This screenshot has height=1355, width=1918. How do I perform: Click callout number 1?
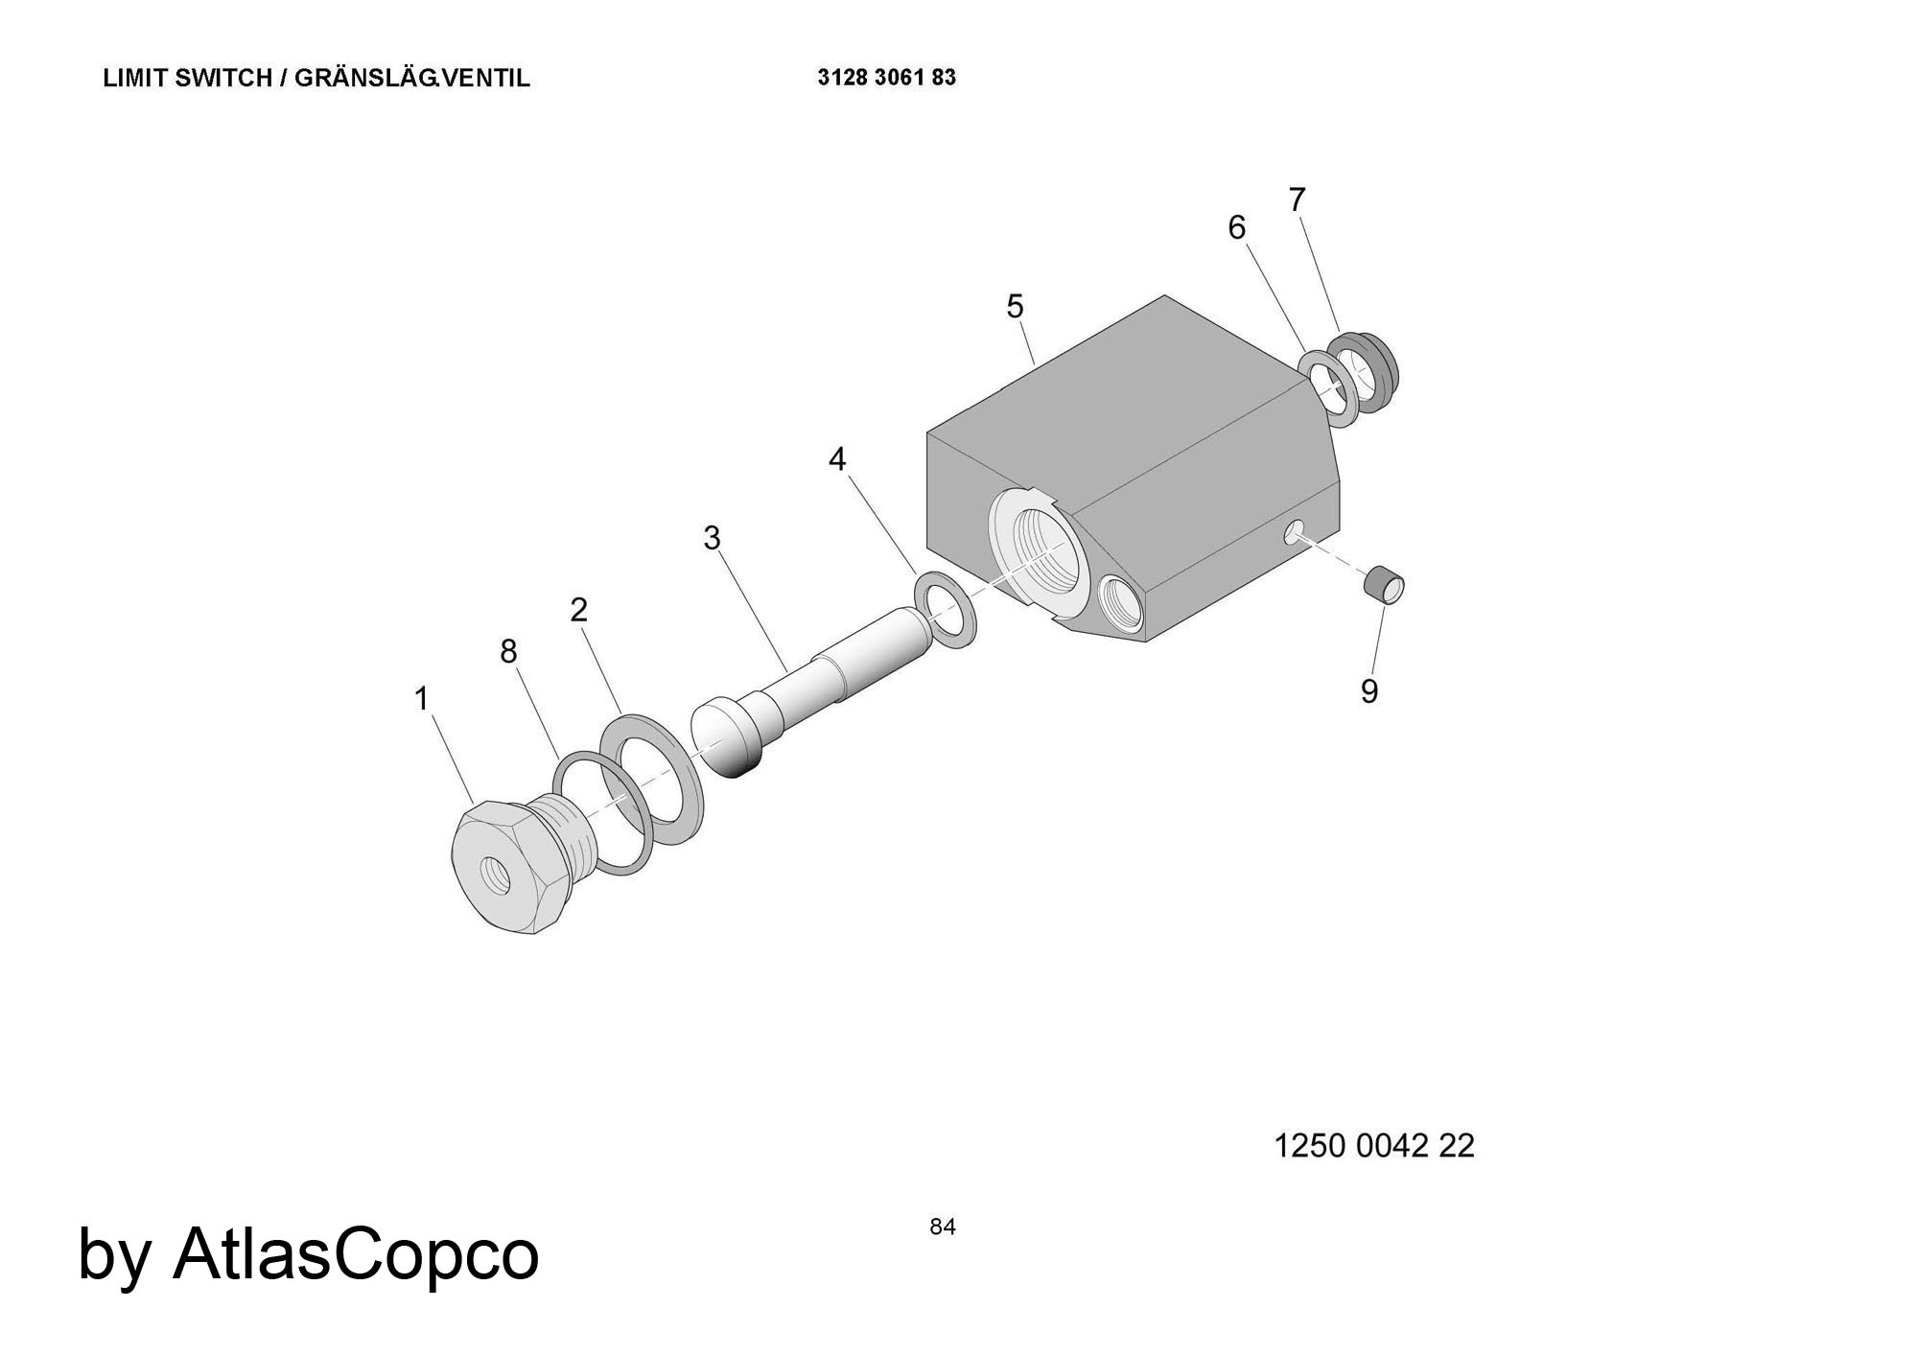point(421,699)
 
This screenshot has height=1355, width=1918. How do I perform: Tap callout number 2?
point(578,609)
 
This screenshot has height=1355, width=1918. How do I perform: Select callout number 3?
point(712,539)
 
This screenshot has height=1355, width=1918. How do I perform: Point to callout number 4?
point(837,460)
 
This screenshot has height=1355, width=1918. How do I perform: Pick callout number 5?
point(1015,307)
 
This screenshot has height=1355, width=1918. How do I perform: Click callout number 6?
point(1237,228)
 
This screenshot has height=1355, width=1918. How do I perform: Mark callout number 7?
point(1297,200)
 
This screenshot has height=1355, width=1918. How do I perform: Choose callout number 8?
point(508,652)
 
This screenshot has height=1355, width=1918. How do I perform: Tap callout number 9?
point(1369,691)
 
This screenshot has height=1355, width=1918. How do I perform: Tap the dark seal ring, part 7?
point(1366,372)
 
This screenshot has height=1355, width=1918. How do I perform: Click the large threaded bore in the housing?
point(1039,553)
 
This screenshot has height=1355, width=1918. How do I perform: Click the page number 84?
point(943,1227)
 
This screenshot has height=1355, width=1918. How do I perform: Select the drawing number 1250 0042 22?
point(1373,1145)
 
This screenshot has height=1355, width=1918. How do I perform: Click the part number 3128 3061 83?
point(887,78)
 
